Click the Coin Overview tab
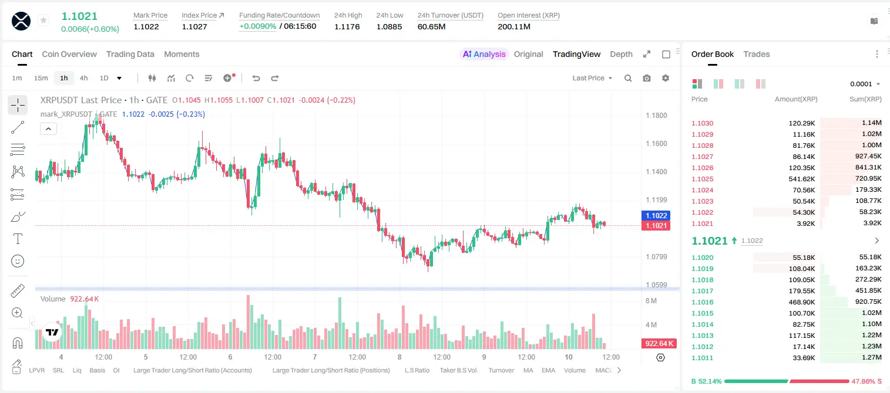pos(69,54)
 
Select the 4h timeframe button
pos(83,78)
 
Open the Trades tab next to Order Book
pos(757,54)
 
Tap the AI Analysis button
pos(484,54)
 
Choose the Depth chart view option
pos(621,54)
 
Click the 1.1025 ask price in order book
pos(703,179)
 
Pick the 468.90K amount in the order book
pos(802,302)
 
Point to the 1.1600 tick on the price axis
pos(656,144)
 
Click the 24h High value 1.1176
pos(347,26)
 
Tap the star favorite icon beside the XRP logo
pos(43,20)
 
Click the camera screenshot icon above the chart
pos(647,78)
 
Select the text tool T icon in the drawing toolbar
pos(18,239)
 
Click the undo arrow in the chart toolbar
pos(256,78)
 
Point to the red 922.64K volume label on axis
pos(659,343)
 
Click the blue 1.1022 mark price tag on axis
pos(656,215)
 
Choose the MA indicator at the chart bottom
pos(528,370)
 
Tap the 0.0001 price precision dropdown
pos(865,84)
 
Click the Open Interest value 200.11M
pos(514,26)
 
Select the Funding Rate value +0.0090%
pos(257,26)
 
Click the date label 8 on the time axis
pos(399,357)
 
